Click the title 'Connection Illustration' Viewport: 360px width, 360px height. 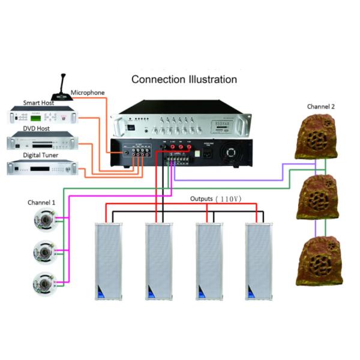pyautogui.click(x=184, y=79)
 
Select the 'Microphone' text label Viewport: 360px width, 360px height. pyautogui.click(x=88, y=93)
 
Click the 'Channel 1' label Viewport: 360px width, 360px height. pyautogui.click(x=41, y=203)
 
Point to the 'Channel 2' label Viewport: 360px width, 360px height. pyautogui.click(x=321, y=106)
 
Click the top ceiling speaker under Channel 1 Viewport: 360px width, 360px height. pyautogui.click(x=44, y=223)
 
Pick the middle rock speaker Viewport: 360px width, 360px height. pyautogui.click(x=319, y=197)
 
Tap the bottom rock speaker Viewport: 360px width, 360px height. pyautogui.click(x=317, y=262)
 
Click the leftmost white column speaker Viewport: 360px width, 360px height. pyautogui.click(x=107, y=261)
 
